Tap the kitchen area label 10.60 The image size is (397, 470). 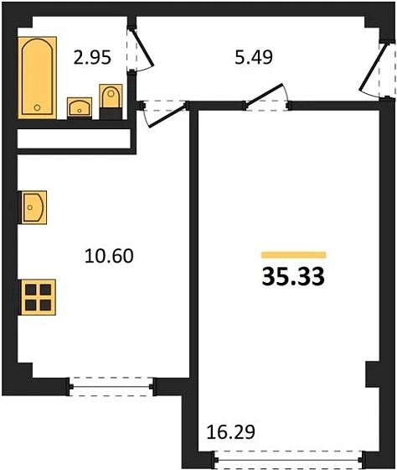(x=110, y=253)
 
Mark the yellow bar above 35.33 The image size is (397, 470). (x=292, y=254)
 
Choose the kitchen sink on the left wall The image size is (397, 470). (x=33, y=206)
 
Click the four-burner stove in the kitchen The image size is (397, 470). (x=37, y=297)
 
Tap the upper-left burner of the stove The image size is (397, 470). (x=30, y=290)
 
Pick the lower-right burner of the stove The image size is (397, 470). (x=44, y=305)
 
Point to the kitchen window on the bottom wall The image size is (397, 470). (x=111, y=384)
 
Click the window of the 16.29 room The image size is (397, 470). (x=293, y=459)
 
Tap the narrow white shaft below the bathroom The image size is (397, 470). (x=75, y=138)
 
